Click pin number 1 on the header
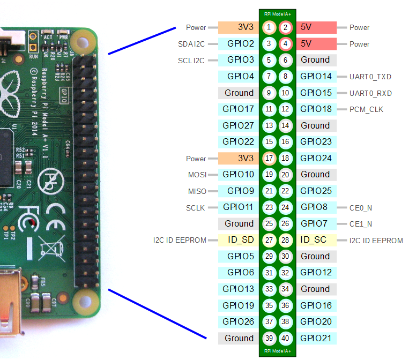click(x=269, y=27)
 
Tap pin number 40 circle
click(x=285, y=338)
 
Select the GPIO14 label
click(x=316, y=77)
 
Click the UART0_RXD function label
click(x=370, y=93)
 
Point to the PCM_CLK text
click(x=366, y=109)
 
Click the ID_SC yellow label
click(x=316, y=240)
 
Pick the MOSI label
click(x=196, y=175)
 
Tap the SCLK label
click(x=196, y=207)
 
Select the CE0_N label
click(x=360, y=207)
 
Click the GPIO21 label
click(x=316, y=338)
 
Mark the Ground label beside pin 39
click(x=239, y=338)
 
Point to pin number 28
click(x=285, y=240)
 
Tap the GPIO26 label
click(x=239, y=321)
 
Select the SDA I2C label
click(x=191, y=44)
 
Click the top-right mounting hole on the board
click(x=83, y=40)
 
